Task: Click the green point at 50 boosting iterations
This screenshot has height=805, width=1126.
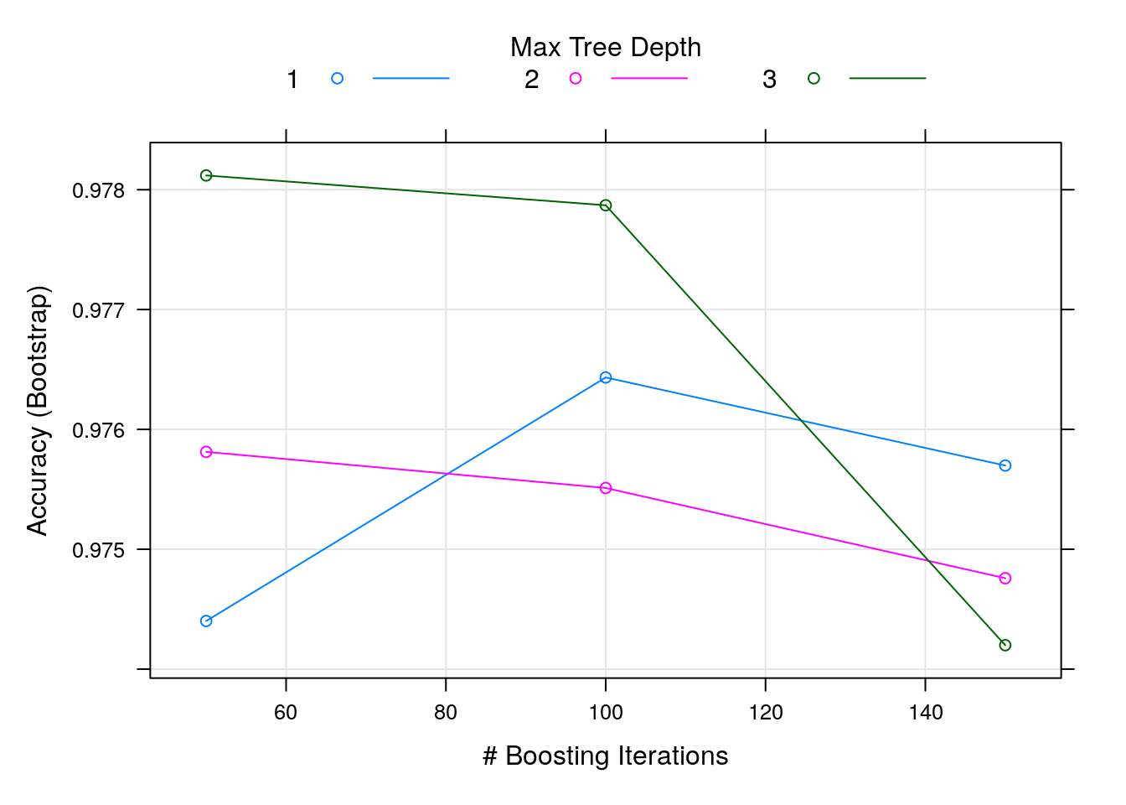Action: pos(206,175)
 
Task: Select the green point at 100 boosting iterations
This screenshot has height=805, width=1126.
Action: pos(606,205)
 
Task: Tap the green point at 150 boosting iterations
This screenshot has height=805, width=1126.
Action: pos(1005,645)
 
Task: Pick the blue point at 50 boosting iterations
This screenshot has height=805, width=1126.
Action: pos(206,621)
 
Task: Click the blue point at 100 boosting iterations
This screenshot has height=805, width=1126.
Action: pos(606,377)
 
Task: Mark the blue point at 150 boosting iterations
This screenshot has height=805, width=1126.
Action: pos(1005,465)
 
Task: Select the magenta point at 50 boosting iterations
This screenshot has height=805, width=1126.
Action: pos(206,452)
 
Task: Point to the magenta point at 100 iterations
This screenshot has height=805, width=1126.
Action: pos(606,488)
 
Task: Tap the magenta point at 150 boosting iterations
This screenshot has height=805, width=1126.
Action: pos(1005,579)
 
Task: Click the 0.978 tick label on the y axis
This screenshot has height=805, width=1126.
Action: pos(98,190)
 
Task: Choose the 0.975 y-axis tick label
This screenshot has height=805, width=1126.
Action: pos(98,550)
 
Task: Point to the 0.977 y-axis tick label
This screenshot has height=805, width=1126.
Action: pos(98,310)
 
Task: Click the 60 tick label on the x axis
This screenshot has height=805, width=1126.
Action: pos(286,713)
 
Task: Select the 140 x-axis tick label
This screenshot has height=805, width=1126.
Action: pos(925,713)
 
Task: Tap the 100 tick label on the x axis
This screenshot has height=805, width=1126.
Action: pos(606,713)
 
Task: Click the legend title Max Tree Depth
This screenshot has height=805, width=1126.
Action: pos(606,48)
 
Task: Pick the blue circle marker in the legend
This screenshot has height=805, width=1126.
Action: pos(337,79)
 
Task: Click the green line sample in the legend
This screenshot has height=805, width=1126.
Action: pos(887,79)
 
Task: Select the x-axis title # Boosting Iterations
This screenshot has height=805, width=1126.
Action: pos(606,756)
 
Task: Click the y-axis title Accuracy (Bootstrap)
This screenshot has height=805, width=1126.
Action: pos(38,411)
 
